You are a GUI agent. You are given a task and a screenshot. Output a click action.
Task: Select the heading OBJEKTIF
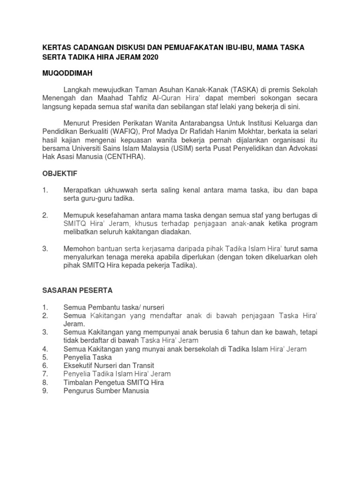pos(60,173)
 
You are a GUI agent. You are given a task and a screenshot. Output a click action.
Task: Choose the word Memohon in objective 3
pos(78,248)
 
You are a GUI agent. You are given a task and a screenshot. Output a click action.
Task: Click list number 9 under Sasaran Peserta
pos(45,390)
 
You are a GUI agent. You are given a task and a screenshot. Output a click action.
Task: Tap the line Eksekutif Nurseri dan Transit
pos(109,366)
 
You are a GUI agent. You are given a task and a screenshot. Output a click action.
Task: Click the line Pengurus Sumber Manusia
pos(106,390)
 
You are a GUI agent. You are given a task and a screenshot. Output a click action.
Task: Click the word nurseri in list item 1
pos(149,307)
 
